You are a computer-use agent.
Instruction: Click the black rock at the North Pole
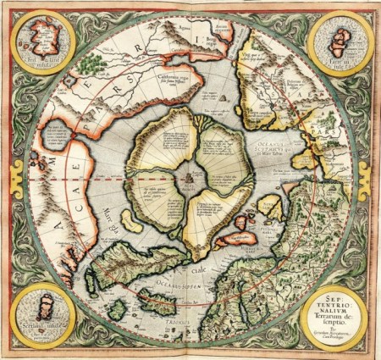click(x=185, y=178)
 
